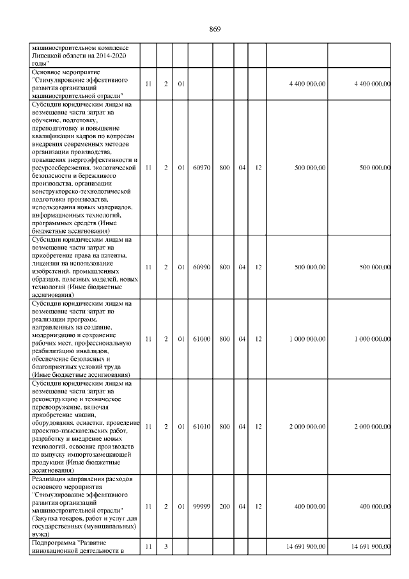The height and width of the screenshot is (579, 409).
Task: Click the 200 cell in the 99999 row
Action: (x=224, y=506)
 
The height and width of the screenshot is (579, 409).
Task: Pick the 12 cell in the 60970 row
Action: (x=258, y=168)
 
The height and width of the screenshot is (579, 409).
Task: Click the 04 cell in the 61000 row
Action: (x=242, y=339)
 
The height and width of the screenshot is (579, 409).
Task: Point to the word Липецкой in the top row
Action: (x=47, y=56)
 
